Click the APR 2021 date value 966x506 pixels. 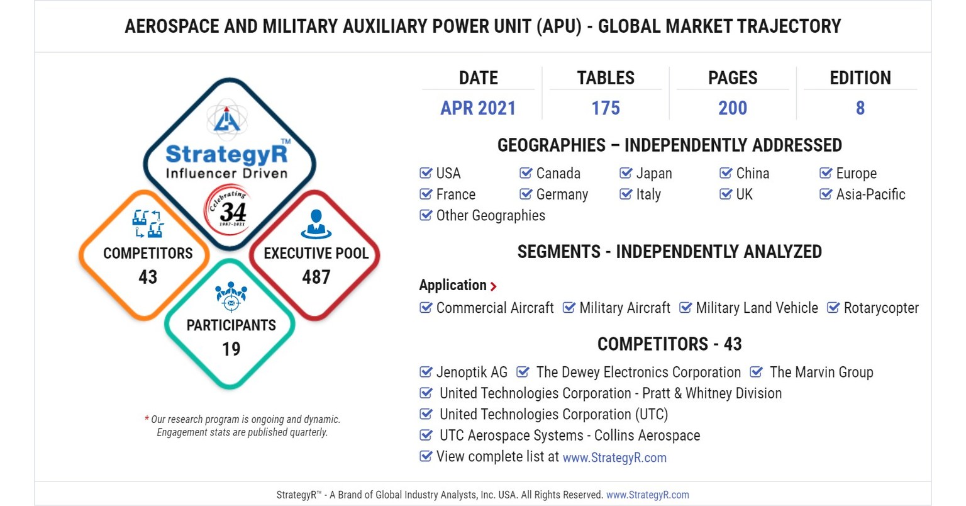click(x=478, y=108)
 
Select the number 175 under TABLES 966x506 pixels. click(x=606, y=108)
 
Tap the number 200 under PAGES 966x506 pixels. click(x=733, y=108)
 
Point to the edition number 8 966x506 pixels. click(x=860, y=108)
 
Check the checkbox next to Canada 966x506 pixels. click(x=526, y=173)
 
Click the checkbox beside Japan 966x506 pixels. click(x=626, y=173)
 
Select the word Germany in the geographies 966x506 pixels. click(x=562, y=194)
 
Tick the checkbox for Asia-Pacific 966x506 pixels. click(x=826, y=194)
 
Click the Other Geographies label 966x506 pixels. click(x=491, y=215)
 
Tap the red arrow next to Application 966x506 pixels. click(x=494, y=286)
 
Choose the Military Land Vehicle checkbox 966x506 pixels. click(x=686, y=308)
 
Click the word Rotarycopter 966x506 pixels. click(x=880, y=308)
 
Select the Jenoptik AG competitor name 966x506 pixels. click(x=472, y=372)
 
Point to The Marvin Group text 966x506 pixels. click(x=821, y=372)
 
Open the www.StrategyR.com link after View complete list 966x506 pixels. click(x=614, y=458)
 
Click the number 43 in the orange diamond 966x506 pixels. click(x=148, y=277)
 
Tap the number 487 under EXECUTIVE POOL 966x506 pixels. click(x=316, y=277)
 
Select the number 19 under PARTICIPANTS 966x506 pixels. click(x=231, y=349)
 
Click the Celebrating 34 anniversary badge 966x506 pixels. click(x=229, y=210)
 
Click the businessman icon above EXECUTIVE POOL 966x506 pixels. click(x=316, y=224)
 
